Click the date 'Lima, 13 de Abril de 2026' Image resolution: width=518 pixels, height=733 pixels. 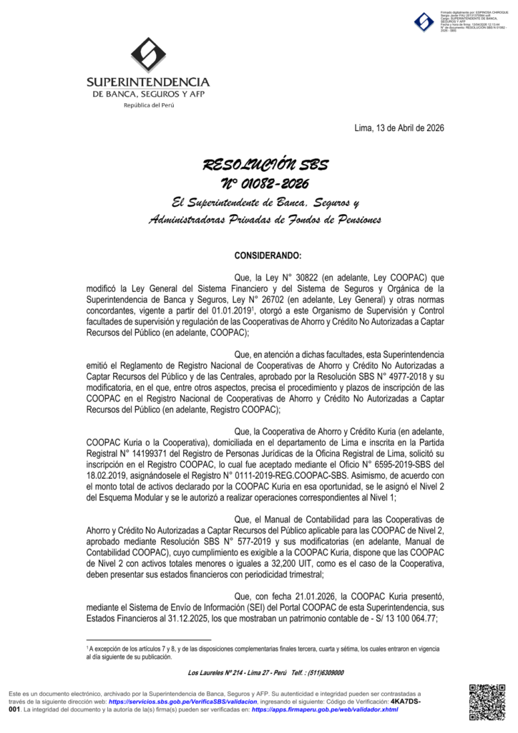399,128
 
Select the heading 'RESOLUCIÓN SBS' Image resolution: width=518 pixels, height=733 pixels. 265,165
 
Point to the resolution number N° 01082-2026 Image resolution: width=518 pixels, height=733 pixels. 265,184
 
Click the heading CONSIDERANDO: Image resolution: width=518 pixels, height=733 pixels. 268,256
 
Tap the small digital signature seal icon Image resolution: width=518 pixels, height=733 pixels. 424,22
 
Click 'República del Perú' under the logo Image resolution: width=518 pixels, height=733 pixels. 149,105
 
